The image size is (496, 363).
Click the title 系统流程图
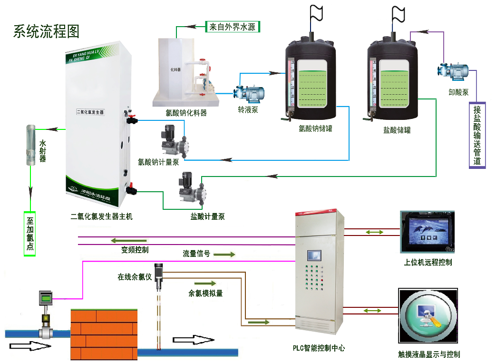click(46, 31)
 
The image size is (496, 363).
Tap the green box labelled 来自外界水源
click(233, 27)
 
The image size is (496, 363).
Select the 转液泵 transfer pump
click(249, 93)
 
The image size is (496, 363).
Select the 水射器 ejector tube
click(30, 145)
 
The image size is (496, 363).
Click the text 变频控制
click(135, 250)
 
